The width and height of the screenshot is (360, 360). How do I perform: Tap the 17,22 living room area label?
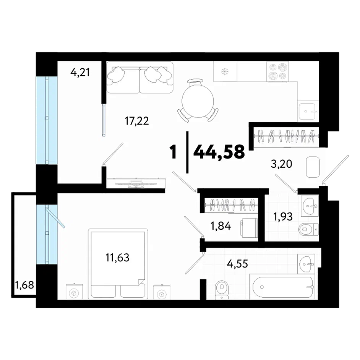tap(137, 121)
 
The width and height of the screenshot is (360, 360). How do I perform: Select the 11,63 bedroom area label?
tap(117, 258)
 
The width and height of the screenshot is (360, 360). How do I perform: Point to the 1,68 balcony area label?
tap(24, 285)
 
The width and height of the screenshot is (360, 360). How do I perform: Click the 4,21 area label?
tap(80, 73)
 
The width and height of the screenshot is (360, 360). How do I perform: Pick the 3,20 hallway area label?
tap(282, 164)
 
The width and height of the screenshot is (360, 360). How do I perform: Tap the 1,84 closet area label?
tap(221, 226)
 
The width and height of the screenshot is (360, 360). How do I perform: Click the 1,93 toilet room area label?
tap(283, 217)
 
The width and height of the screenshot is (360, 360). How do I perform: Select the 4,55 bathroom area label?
tap(237, 264)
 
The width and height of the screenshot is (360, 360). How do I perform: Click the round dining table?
tap(198, 101)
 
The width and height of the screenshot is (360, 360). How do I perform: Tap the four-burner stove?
tap(277, 71)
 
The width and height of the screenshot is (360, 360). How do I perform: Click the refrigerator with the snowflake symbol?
tap(225, 71)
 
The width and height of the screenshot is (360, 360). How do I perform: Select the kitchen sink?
tap(307, 111)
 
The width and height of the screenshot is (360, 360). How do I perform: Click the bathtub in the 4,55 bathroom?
tap(283, 287)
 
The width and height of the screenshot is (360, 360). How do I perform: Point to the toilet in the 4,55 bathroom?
tap(222, 290)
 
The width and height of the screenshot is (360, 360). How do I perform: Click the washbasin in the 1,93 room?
tap(310, 206)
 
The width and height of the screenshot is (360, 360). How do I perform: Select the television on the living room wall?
tap(136, 183)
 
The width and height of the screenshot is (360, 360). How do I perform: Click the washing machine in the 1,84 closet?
tap(249, 228)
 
